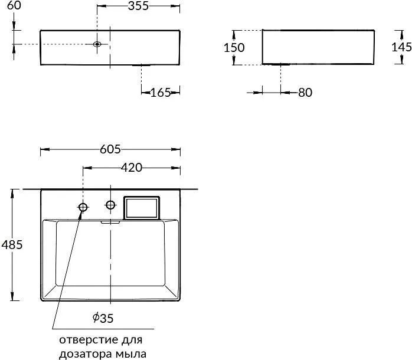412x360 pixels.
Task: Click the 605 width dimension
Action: pyautogui.click(x=110, y=149)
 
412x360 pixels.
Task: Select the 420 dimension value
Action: pyautogui.click(x=132, y=168)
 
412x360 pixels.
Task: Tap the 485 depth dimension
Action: pyautogui.click(x=12, y=245)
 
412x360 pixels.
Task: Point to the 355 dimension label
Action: pyautogui.click(x=138, y=6)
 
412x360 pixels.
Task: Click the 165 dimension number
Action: pyautogui.click(x=161, y=93)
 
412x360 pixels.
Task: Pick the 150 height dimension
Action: pyautogui.click(x=234, y=48)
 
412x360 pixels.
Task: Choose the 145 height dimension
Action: pyautogui.click(x=401, y=47)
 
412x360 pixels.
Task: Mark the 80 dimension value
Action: pyautogui.click(x=305, y=93)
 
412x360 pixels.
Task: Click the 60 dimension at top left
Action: pyautogui.click(x=14, y=5)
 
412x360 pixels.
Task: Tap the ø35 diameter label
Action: pyautogui.click(x=103, y=318)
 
